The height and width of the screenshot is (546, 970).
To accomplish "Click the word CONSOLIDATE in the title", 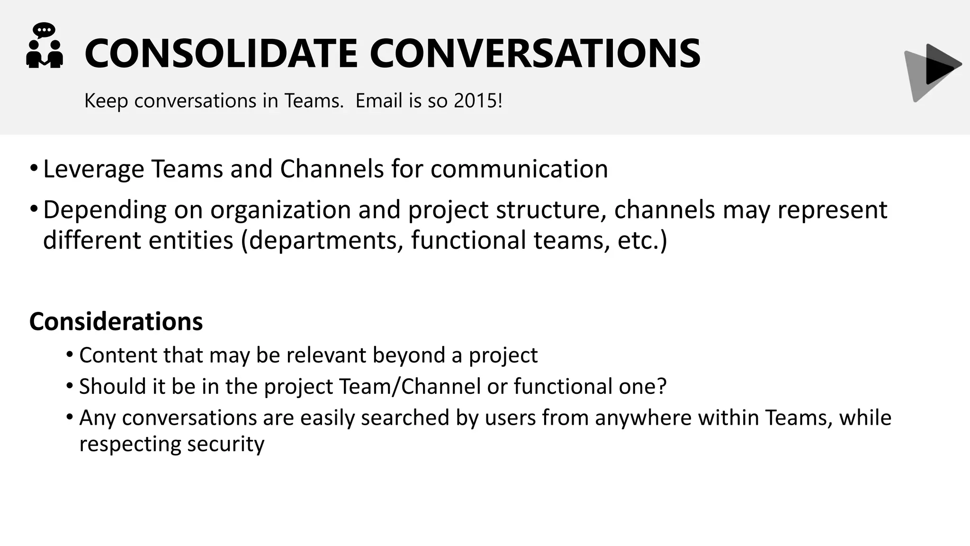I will [x=221, y=54].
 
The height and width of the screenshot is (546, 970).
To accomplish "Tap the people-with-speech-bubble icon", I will [x=44, y=46].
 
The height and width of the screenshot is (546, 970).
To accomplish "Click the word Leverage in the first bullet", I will [x=93, y=169].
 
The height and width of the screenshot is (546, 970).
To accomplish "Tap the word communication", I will [x=519, y=169].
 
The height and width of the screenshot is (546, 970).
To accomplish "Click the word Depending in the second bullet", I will [x=105, y=210].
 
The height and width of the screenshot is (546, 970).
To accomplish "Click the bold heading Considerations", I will [x=116, y=322].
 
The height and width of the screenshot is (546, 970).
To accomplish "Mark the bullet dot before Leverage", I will [x=33, y=168].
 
